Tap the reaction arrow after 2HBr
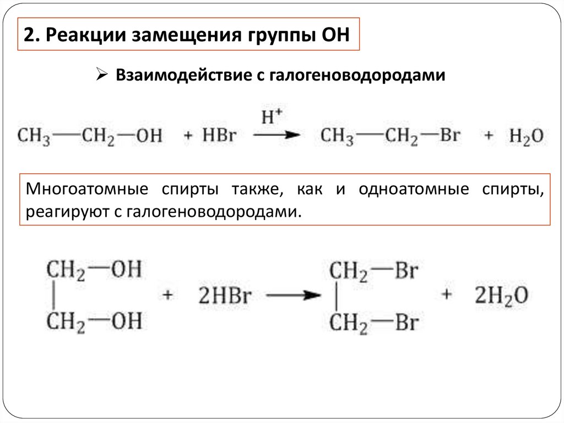[294, 296]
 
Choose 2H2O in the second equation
[501, 296]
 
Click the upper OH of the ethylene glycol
[126, 270]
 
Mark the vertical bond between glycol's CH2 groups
[53, 296]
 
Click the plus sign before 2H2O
[446, 295]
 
